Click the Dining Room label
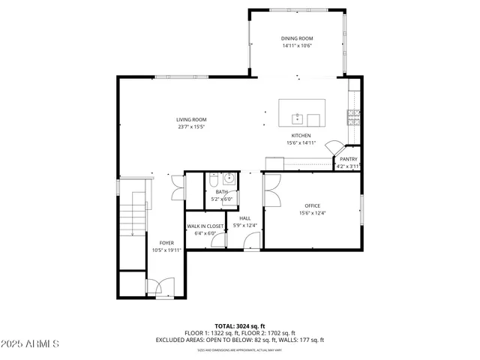[297, 38]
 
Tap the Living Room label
[191, 119]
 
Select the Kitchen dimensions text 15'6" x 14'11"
[301, 142]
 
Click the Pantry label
[348, 159]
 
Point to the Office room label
[312, 205]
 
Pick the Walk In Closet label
[205, 226]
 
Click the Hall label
[244, 218]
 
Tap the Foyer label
[166, 243]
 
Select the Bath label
[221, 192]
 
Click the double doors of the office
[271, 188]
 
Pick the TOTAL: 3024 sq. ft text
[240, 326]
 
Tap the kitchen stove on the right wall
[353, 116]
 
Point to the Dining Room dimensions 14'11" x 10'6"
[297, 46]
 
